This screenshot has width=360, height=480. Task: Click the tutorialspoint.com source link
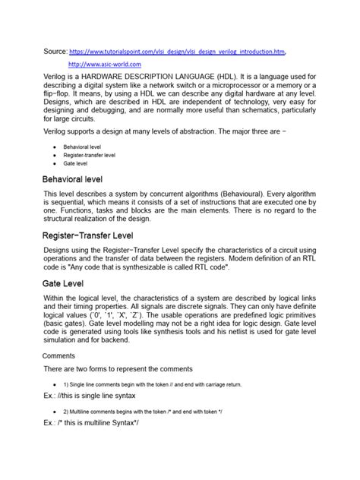point(178,52)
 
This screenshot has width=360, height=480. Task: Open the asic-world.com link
point(105,66)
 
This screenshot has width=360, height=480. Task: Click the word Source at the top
point(55,52)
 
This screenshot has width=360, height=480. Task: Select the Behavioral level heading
point(73,179)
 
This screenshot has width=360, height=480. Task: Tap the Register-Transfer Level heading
point(87,236)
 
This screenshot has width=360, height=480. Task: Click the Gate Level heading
point(63,283)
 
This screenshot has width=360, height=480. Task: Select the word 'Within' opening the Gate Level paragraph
point(56,299)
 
